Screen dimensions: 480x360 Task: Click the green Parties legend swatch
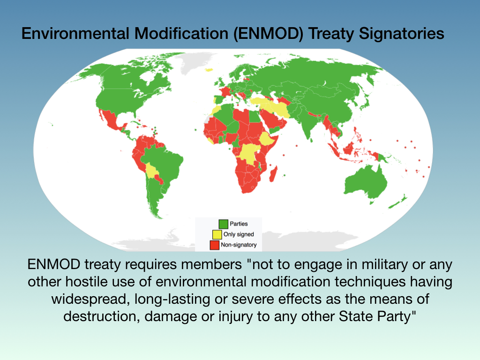pyautogui.click(x=223, y=224)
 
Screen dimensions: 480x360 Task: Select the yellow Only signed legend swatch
pyautogui.click(x=217, y=234)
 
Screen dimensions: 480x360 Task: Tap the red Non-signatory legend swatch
pyautogui.click(x=215, y=245)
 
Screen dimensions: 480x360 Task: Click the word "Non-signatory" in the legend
pyautogui.click(x=239, y=245)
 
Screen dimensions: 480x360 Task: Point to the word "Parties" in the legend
pyautogui.click(x=239, y=224)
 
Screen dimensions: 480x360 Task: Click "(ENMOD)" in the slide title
pyautogui.click(x=268, y=33)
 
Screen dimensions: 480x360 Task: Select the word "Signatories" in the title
pyautogui.click(x=401, y=33)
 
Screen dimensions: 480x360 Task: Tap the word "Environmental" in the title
pyautogui.click(x=75, y=33)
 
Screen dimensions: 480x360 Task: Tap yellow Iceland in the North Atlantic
pyautogui.click(x=209, y=70)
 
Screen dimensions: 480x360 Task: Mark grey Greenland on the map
pyautogui.click(x=196, y=61)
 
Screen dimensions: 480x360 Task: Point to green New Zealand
pyautogui.click(x=398, y=202)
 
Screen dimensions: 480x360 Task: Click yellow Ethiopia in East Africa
pyautogui.click(x=268, y=139)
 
